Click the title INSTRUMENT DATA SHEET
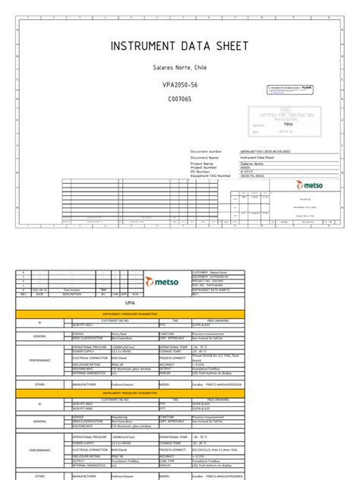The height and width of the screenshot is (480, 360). (x=179, y=46)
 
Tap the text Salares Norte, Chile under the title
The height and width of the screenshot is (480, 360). (x=179, y=67)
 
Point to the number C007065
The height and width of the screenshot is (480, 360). (x=179, y=99)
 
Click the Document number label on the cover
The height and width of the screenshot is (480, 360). (x=207, y=152)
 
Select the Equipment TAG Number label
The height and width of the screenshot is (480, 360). (x=212, y=175)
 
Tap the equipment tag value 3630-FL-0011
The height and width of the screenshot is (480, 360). (x=254, y=175)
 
